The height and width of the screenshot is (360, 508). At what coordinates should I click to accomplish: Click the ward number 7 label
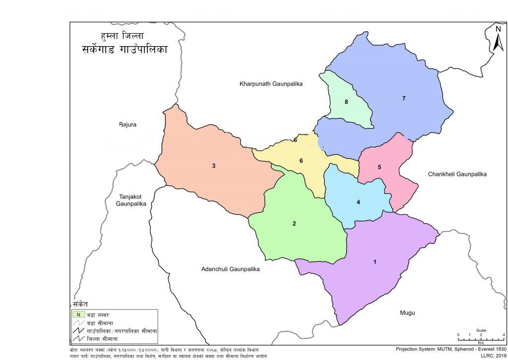[404, 99]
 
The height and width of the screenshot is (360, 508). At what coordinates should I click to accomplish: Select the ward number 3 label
[214, 166]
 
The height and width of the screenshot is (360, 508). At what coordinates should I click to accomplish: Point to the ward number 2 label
[294, 224]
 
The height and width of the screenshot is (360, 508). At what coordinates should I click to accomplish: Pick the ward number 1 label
[375, 262]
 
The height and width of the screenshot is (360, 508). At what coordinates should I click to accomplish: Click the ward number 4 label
[358, 202]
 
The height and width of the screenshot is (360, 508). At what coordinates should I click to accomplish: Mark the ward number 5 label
[379, 167]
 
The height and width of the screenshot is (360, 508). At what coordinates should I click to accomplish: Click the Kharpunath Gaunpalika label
[270, 84]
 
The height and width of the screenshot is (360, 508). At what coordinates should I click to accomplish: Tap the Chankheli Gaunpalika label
[457, 175]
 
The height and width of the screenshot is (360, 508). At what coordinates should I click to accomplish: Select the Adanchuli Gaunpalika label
[231, 269]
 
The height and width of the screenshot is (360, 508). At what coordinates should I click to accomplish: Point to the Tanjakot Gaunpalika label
[131, 200]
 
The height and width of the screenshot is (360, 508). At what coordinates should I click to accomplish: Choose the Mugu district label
[407, 313]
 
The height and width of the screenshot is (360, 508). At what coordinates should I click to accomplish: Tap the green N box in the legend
[78, 314]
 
